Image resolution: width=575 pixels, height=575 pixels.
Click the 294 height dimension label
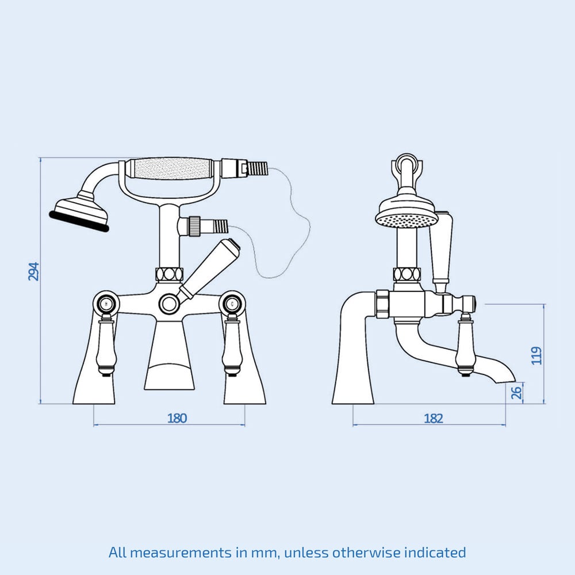pos(33,271)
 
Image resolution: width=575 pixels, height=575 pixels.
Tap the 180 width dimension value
pos(177,418)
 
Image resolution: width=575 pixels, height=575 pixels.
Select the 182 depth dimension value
pos(434,418)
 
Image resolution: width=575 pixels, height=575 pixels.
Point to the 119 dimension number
pos(536,355)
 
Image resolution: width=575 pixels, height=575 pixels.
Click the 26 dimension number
pos(517,393)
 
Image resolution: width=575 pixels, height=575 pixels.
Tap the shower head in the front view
pos(80,212)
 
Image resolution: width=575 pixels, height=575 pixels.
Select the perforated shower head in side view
pos(405,216)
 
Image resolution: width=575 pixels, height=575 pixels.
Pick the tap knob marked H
pos(107,302)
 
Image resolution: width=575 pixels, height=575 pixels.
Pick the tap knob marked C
pos(232,302)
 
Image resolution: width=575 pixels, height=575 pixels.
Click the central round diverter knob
pos(169,303)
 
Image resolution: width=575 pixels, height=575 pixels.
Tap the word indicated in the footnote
pos(435,553)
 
